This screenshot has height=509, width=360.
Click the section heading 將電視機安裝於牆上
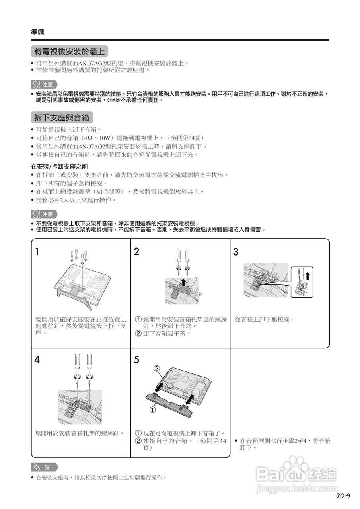point(70,52)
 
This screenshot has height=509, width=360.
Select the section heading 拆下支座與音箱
point(62,117)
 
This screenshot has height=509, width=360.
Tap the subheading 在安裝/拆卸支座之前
point(59,166)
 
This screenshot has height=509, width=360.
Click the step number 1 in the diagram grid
point(37,252)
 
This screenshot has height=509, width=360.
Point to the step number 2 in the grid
point(137,252)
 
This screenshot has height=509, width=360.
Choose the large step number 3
point(236,252)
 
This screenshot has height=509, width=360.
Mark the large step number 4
point(37,360)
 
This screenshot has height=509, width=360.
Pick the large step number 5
point(137,360)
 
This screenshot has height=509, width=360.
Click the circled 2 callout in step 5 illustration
point(157,369)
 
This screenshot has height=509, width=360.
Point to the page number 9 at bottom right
point(348,495)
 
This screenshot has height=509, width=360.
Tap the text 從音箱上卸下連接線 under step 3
point(265,319)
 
